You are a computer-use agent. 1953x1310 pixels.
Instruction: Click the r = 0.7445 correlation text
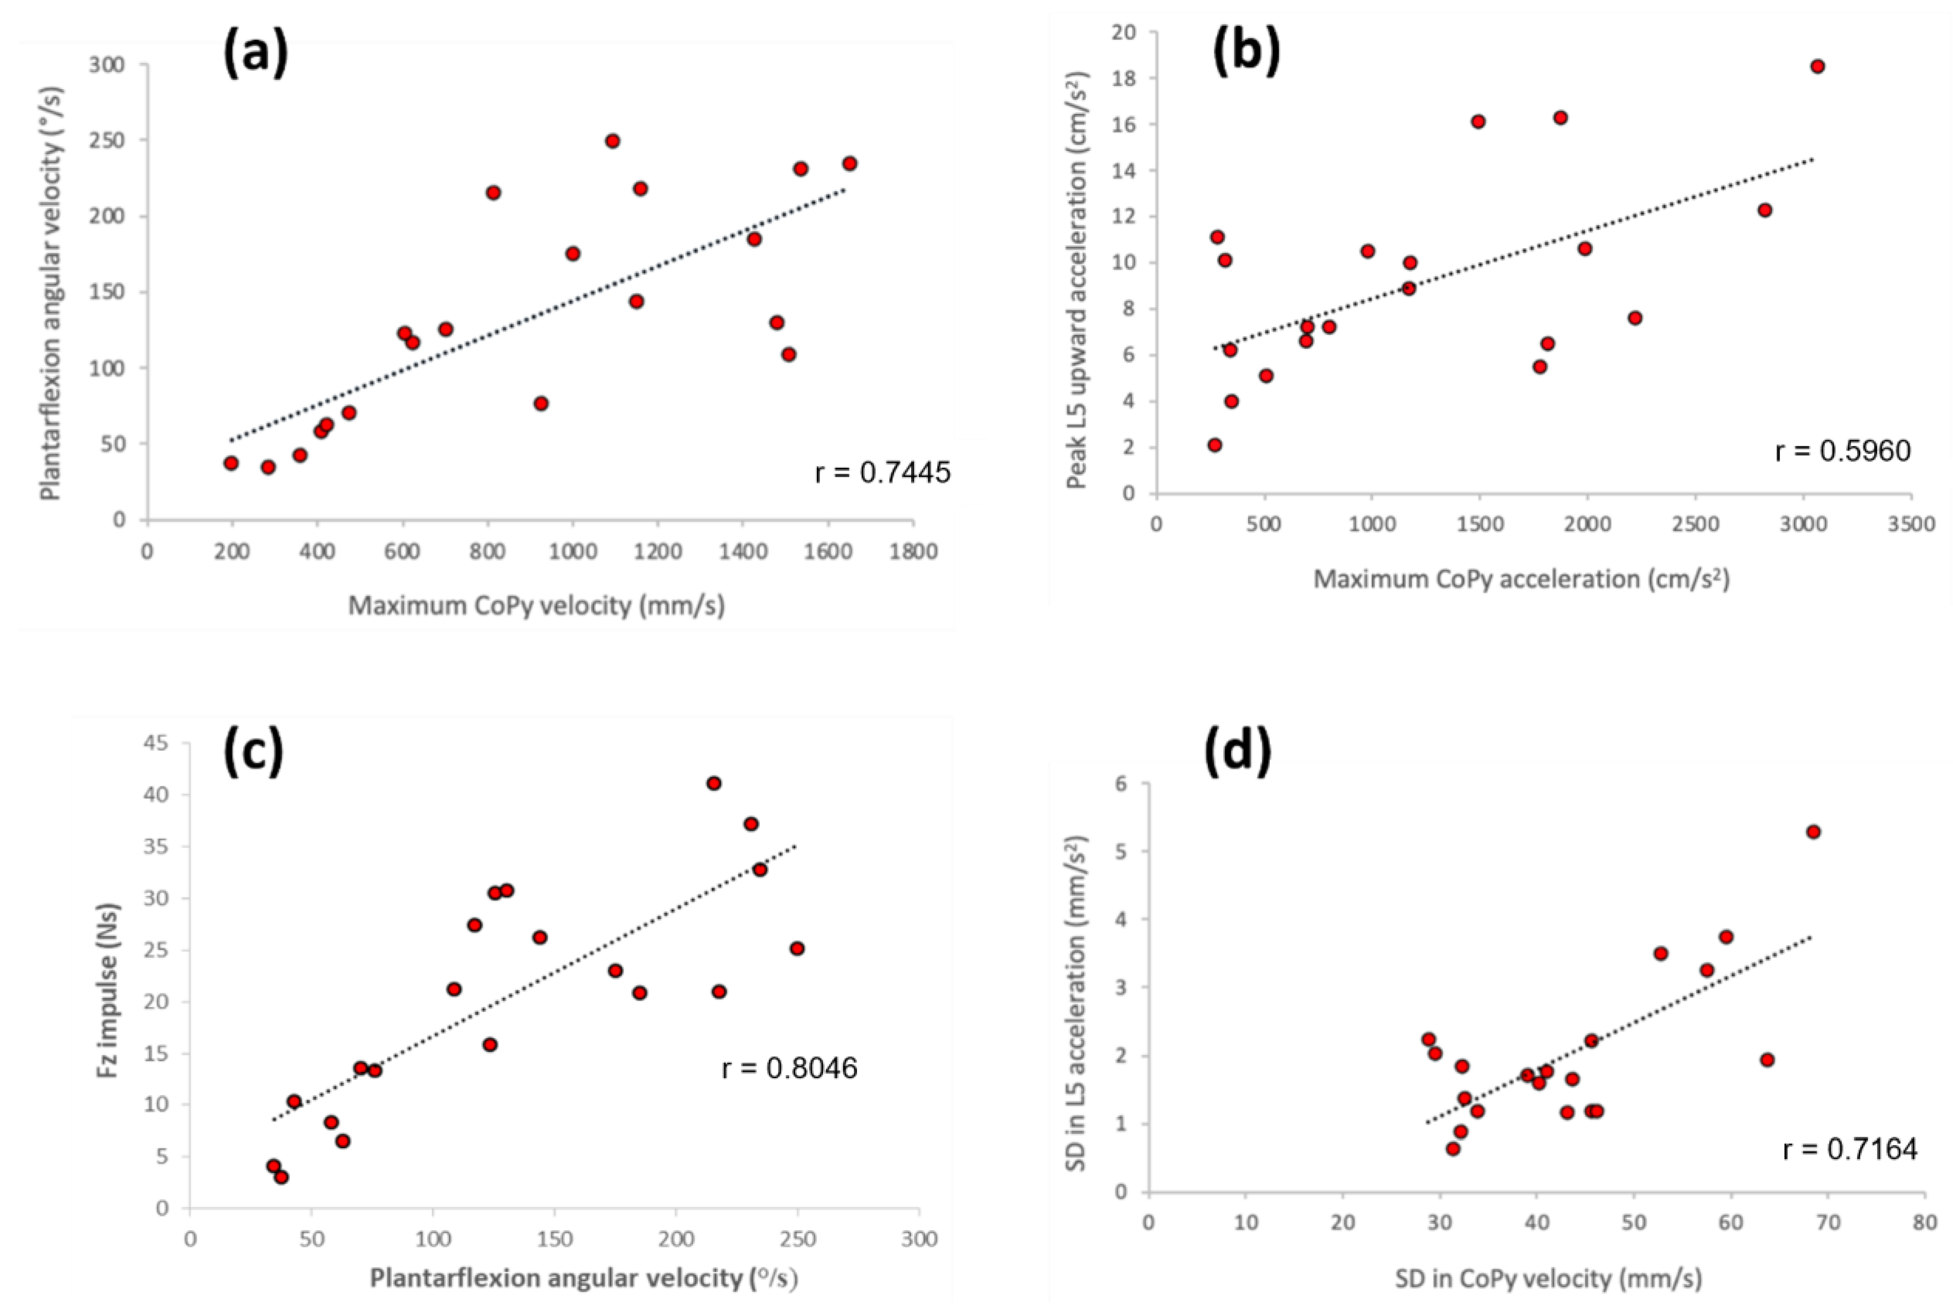point(882,474)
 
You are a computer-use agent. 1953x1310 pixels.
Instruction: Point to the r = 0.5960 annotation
point(1843,451)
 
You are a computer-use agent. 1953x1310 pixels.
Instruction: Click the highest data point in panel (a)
point(612,141)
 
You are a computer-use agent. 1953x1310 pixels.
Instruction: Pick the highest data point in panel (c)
point(714,783)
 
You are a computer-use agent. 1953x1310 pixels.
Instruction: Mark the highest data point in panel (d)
point(1812,831)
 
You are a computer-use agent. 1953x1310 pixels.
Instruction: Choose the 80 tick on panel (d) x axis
point(1924,1223)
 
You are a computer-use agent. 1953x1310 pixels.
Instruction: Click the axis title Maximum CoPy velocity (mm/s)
point(536,605)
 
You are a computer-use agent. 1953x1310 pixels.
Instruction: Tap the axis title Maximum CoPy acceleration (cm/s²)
point(1521,578)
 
